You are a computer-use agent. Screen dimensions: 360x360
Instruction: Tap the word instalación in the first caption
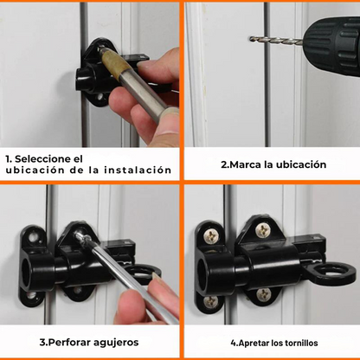pyautogui.click(x=139, y=170)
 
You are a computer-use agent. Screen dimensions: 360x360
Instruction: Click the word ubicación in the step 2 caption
pyautogui.click(x=298, y=164)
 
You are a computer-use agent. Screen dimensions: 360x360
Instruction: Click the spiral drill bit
pyautogui.click(x=273, y=40)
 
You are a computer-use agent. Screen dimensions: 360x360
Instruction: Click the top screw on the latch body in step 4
pyautogui.click(x=261, y=230)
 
